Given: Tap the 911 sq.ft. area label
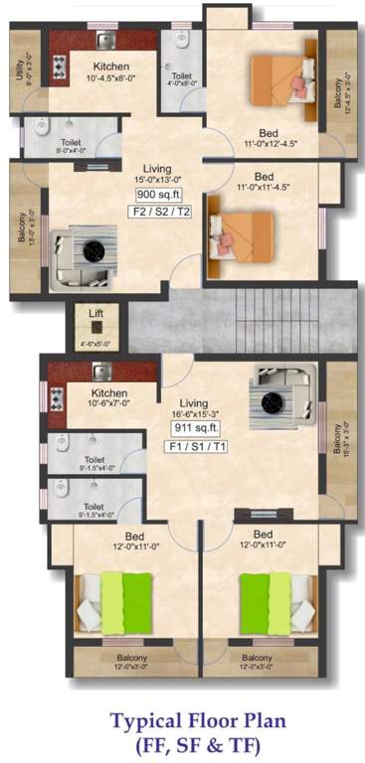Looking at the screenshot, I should [195, 428].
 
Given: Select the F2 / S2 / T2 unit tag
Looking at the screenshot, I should [151, 213].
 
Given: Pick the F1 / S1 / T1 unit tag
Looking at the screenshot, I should [195, 447].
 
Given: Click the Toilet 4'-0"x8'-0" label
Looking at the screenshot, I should [181, 80].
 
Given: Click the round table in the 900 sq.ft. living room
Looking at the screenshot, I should [93, 250].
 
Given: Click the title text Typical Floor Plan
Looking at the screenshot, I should [182, 719].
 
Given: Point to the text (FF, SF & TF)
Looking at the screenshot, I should [182, 743].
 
